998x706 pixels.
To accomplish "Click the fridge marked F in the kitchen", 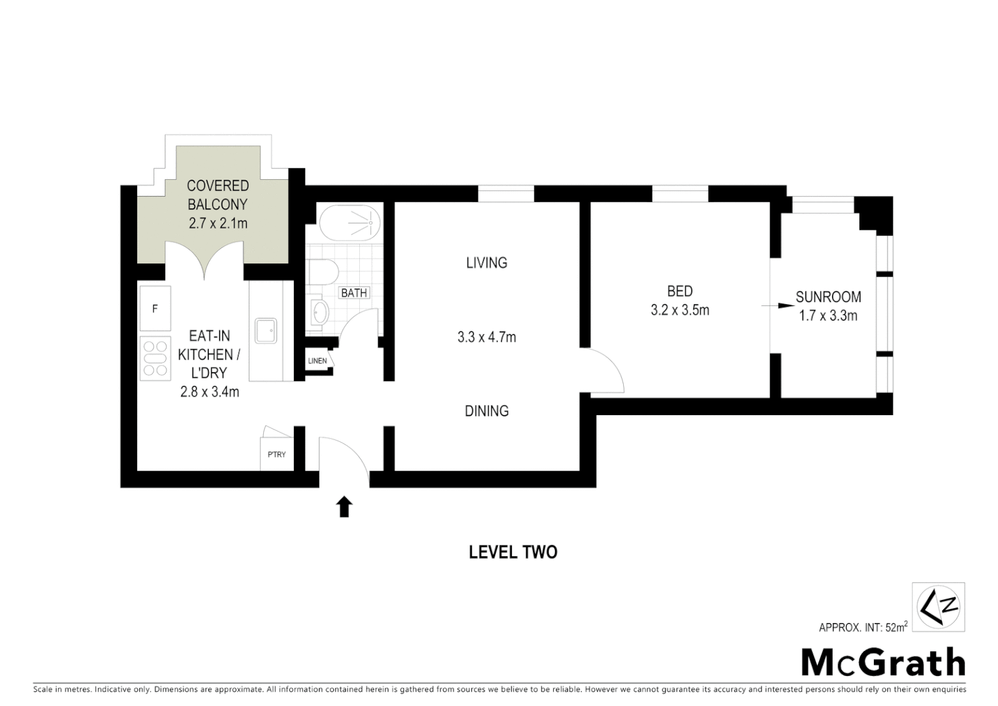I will pyautogui.click(x=155, y=309).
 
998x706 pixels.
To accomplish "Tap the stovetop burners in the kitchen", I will pyautogui.click(x=155, y=358).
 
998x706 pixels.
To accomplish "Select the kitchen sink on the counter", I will pyautogui.click(x=266, y=331).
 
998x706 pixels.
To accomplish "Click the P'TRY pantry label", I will pyautogui.click(x=276, y=454).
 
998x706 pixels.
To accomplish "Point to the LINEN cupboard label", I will pyautogui.click(x=317, y=361).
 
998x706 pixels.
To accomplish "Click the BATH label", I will pyautogui.click(x=354, y=293).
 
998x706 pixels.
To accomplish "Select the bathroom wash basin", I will pyautogui.click(x=319, y=312).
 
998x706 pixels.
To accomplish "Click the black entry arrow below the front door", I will pyautogui.click(x=344, y=507).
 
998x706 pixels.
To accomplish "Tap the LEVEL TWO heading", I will pyautogui.click(x=513, y=552).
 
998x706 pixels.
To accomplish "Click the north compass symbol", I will pyautogui.click(x=938, y=607).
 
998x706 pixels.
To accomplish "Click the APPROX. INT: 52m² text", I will pyautogui.click(x=863, y=628).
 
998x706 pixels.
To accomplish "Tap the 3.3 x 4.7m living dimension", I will pyautogui.click(x=487, y=337).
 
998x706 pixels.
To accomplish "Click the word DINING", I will pyautogui.click(x=487, y=411).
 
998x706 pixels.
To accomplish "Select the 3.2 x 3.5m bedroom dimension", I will pyautogui.click(x=679, y=310).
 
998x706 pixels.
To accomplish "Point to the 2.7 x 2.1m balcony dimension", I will pyautogui.click(x=217, y=223).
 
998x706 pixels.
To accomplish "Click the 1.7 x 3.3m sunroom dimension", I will pyautogui.click(x=828, y=316).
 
